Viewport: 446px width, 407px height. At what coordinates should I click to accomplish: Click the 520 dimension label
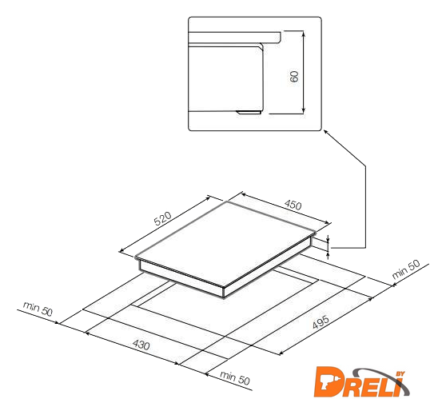pos(163,218)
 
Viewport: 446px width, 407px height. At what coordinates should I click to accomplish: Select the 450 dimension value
pos(293,205)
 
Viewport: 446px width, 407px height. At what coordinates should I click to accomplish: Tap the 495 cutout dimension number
pos(321,322)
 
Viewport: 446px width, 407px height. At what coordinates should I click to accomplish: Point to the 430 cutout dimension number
pos(141,345)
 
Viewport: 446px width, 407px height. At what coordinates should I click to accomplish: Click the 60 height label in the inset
pos(294,77)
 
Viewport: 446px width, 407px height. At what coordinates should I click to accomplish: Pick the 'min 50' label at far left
pos(38,309)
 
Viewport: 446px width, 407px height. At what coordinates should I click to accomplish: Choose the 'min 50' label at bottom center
pos(235,377)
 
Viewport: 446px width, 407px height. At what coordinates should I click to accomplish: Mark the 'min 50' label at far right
pos(405,269)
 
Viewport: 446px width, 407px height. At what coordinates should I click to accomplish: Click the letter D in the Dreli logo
pos(330,381)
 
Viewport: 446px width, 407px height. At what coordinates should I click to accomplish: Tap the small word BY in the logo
pos(400,374)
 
